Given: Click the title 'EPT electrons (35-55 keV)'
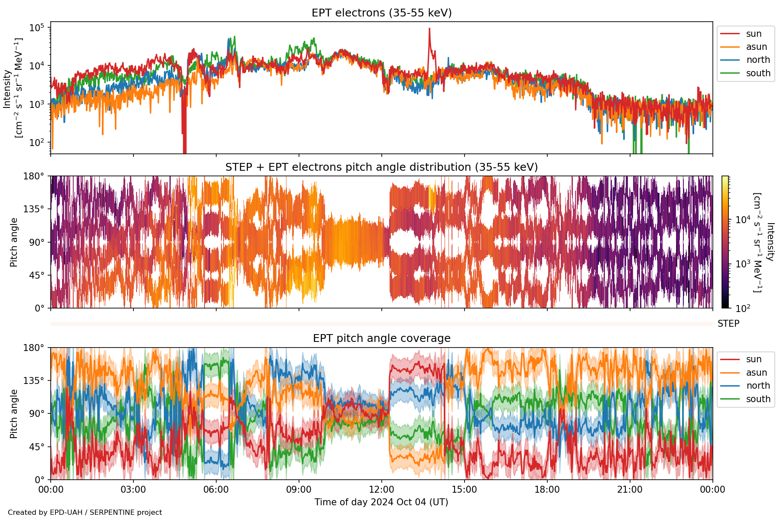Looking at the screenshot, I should [x=381, y=13].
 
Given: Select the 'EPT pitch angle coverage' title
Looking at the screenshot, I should [x=381, y=338].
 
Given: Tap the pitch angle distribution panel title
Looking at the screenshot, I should [x=381, y=167].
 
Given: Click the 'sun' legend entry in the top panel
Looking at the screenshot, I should [x=754, y=34].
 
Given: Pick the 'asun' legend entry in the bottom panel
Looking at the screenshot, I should [x=756, y=373].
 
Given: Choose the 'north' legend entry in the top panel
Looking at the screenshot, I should [x=758, y=60].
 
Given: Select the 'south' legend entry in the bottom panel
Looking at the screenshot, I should [x=758, y=399].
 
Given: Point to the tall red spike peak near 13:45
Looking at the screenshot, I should [x=429, y=29].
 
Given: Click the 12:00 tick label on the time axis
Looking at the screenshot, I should [x=381, y=490].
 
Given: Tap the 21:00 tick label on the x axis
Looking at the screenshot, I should [x=630, y=490].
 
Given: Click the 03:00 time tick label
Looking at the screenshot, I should [x=133, y=490].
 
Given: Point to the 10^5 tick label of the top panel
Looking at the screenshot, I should [x=36, y=28].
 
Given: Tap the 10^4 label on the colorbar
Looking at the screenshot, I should [x=743, y=220].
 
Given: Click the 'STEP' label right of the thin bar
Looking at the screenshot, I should [x=728, y=324].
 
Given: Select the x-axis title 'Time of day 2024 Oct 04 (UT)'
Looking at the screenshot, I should [x=381, y=502].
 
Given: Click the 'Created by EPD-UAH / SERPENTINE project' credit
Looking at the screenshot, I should [x=85, y=513].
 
